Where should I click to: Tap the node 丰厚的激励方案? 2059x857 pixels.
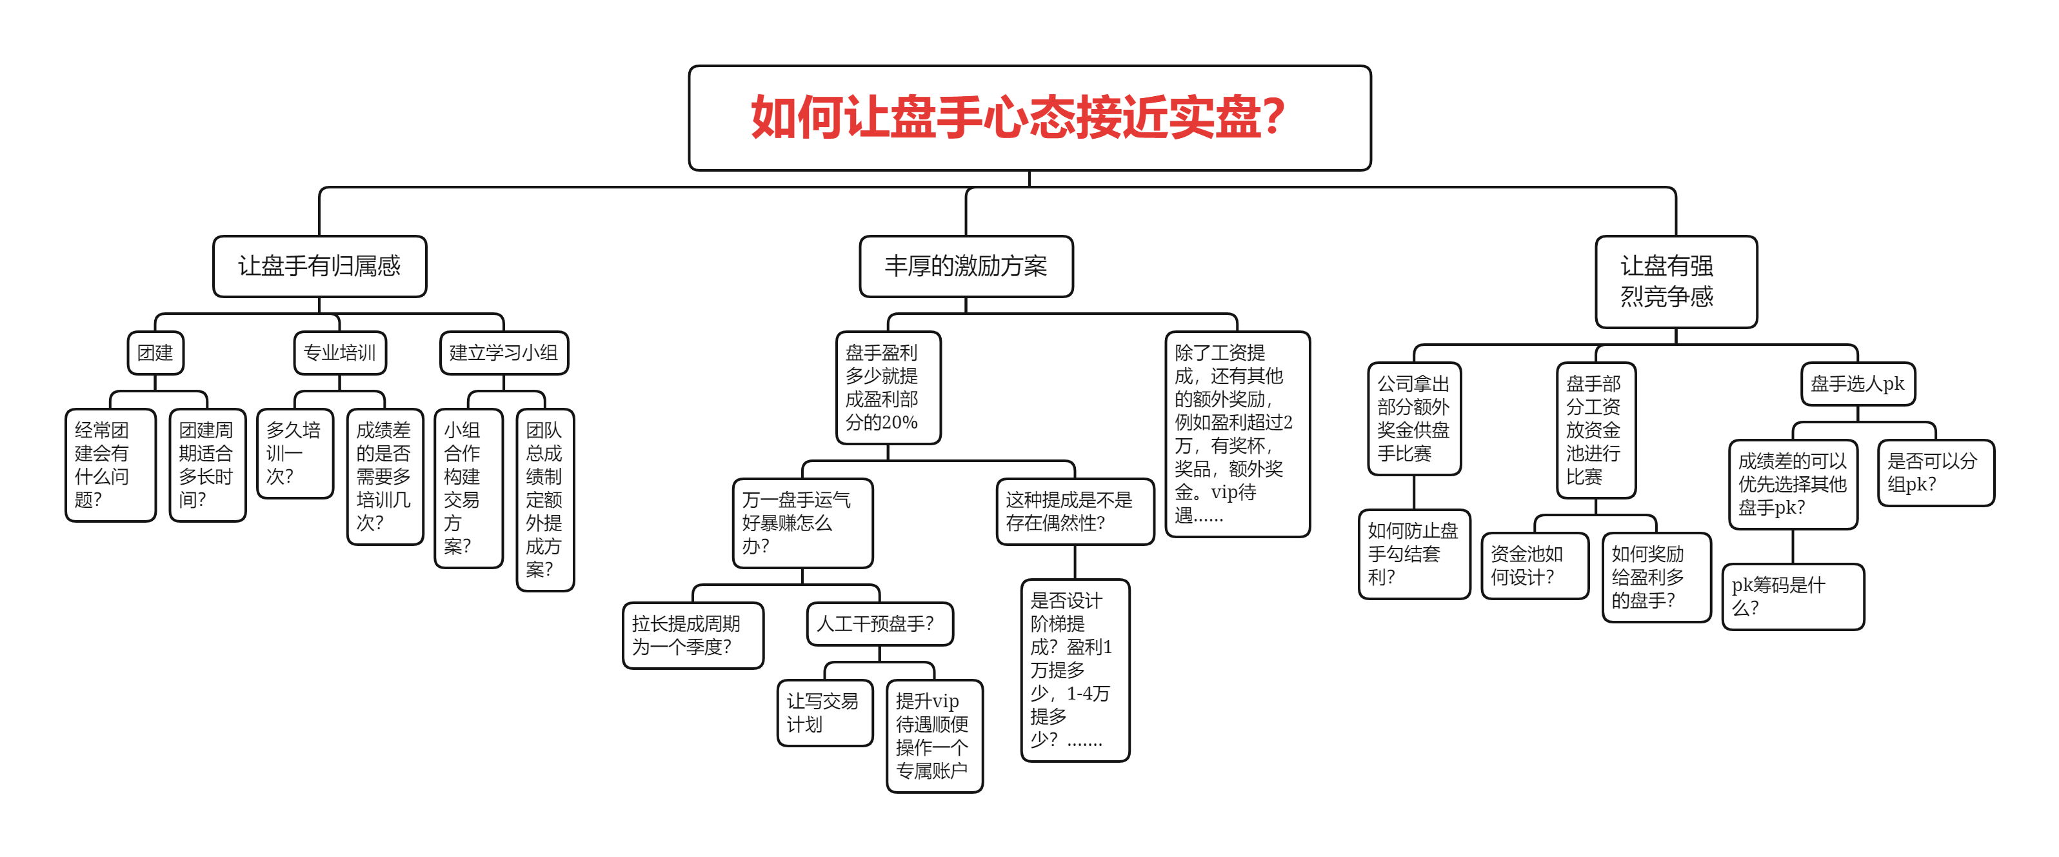pos(966,267)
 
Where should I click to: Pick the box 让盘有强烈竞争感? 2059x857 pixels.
pos(1675,281)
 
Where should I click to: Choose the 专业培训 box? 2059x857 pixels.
pos(340,352)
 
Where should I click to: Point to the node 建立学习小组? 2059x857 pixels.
pos(504,352)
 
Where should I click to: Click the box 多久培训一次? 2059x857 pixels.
pos(294,453)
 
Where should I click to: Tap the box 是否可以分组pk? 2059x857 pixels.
pos(1935,472)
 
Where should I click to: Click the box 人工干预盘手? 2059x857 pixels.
pos(879,623)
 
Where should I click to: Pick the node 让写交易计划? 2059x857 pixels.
pos(824,712)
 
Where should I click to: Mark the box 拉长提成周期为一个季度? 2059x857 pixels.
pos(692,636)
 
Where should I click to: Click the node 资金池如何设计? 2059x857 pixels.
pos(1534,565)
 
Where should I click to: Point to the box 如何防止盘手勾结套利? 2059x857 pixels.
pos(1413,554)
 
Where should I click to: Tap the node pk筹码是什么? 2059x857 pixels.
pos(1792,596)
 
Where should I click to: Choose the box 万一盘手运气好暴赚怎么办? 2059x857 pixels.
pos(802,523)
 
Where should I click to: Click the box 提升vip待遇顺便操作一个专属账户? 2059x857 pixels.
pos(933,736)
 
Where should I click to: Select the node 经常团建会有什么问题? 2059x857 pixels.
pos(110,465)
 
